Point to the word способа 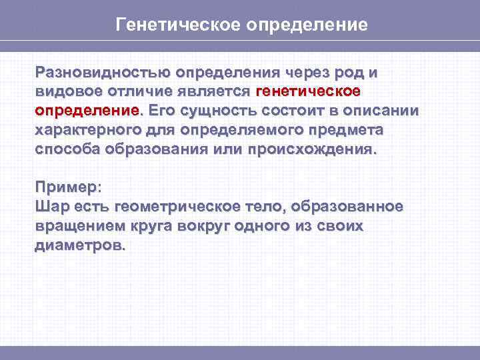(x=65, y=148)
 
